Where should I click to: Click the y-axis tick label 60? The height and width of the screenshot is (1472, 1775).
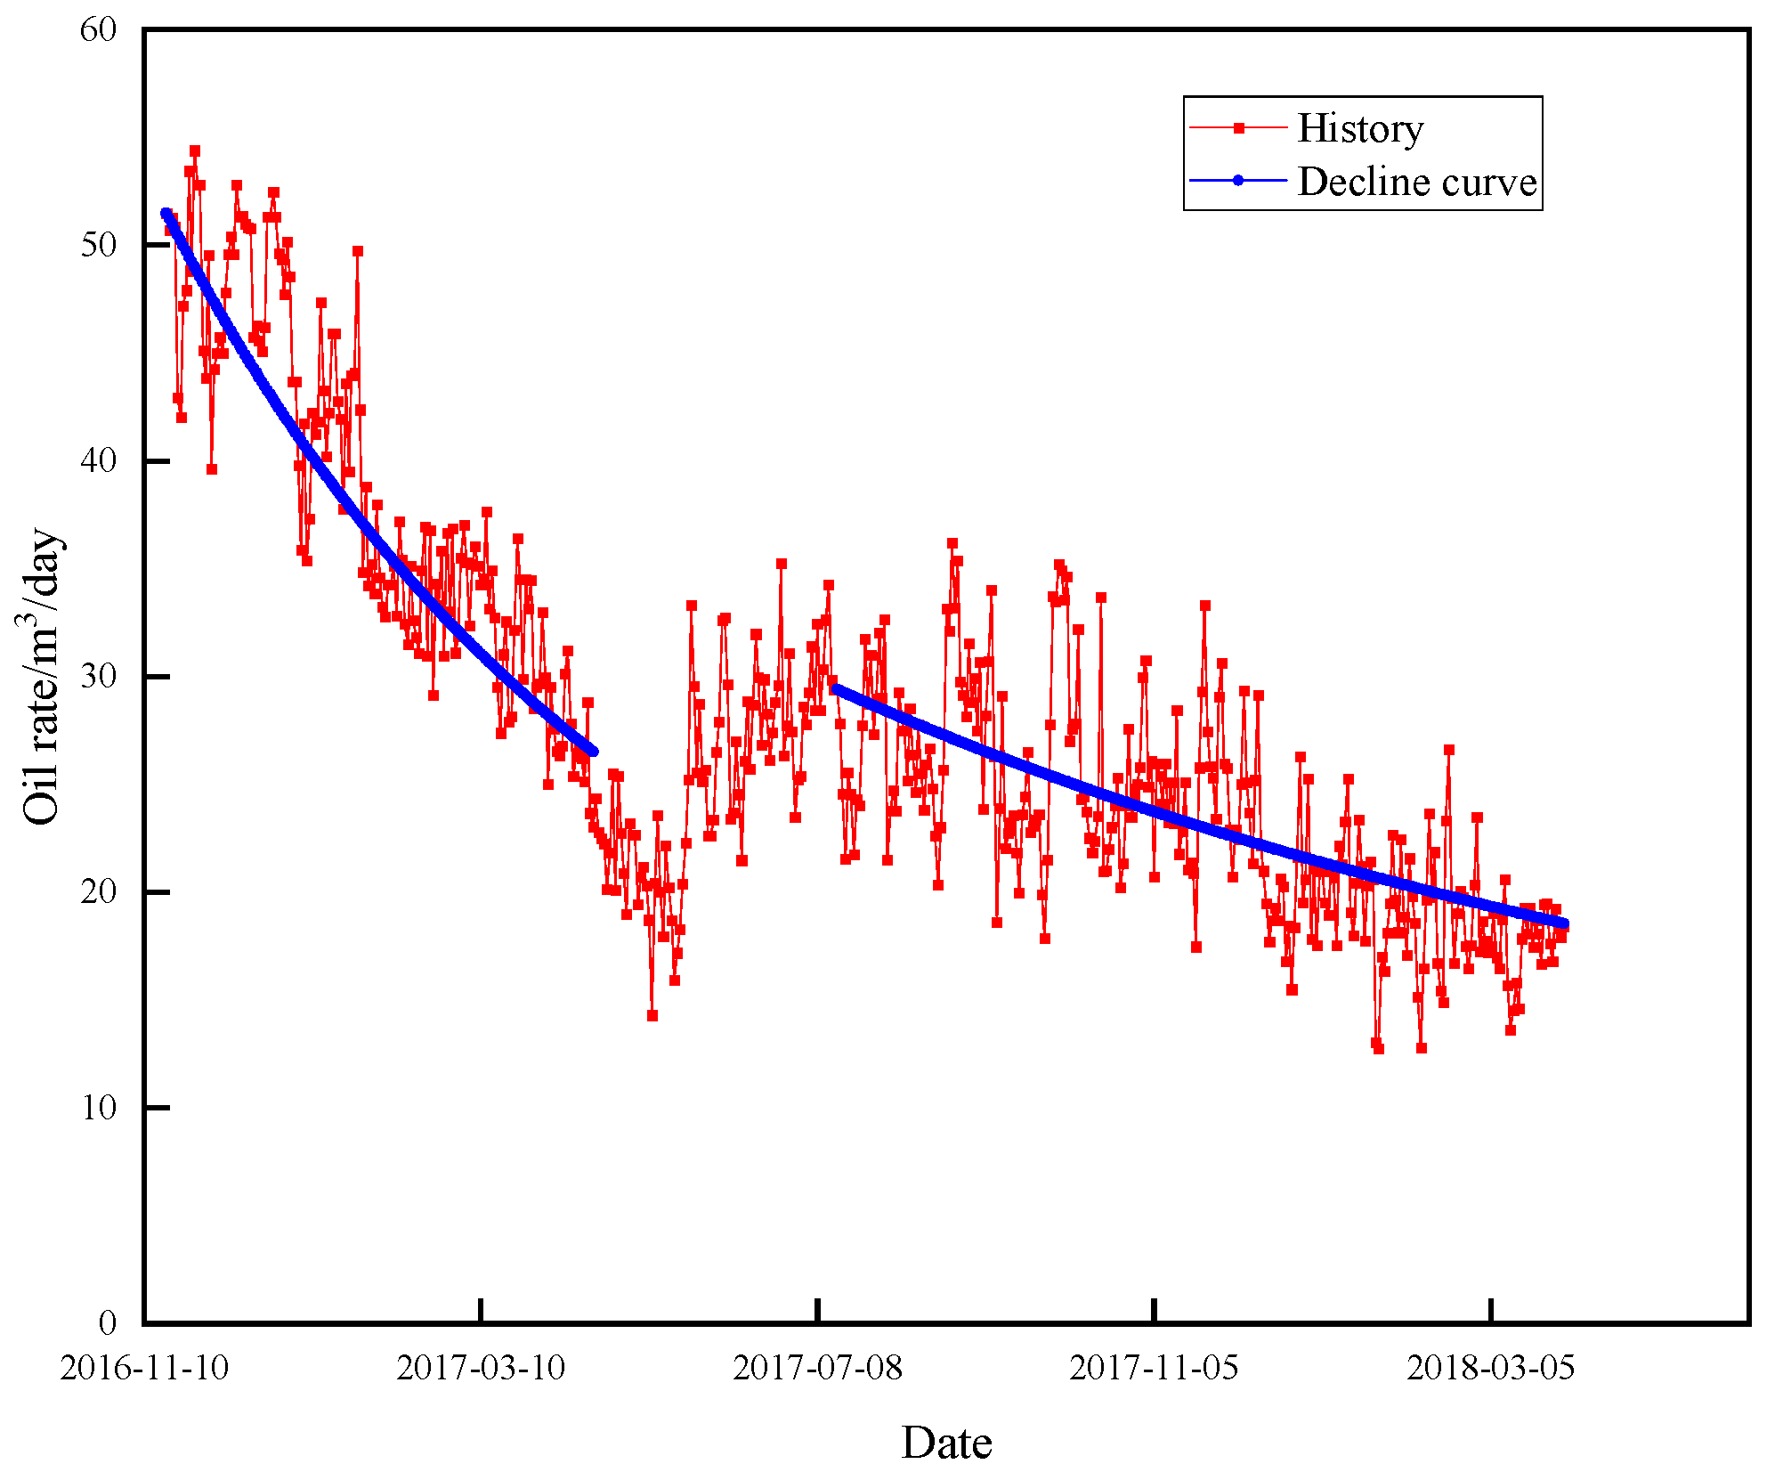coord(98,30)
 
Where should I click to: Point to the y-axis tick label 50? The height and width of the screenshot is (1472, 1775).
coord(98,246)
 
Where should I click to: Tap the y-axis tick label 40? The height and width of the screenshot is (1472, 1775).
coord(98,461)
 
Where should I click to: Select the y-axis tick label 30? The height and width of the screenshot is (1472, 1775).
coord(98,677)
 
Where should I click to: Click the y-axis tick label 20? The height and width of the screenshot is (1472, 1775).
coord(98,892)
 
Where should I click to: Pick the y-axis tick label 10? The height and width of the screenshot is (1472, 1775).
coord(98,1109)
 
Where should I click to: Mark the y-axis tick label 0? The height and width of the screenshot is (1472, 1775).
coord(107,1323)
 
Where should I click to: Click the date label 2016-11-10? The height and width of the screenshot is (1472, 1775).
coord(144,1368)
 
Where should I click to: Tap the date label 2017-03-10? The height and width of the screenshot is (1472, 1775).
coord(481,1368)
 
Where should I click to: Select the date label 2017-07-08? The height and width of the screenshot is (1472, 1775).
coord(817,1368)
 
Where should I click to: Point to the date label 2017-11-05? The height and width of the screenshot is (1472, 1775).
coord(1154,1368)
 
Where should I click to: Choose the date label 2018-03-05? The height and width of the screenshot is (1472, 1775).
coord(1491,1368)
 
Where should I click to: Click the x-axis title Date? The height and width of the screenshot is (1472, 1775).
coord(946,1444)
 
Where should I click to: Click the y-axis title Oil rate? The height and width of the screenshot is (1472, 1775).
coord(41,677)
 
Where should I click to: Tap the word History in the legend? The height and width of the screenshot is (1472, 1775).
coord(1360,128)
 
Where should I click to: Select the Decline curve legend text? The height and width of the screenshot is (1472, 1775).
coord(1417,182)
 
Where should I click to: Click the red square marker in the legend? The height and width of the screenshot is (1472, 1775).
coord(1238,128)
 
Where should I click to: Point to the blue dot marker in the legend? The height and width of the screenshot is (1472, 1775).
coord(1238,181)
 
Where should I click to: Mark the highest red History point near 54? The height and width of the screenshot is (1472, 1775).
coord(194,150)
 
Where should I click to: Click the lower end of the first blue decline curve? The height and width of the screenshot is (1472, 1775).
coord(593,752)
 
